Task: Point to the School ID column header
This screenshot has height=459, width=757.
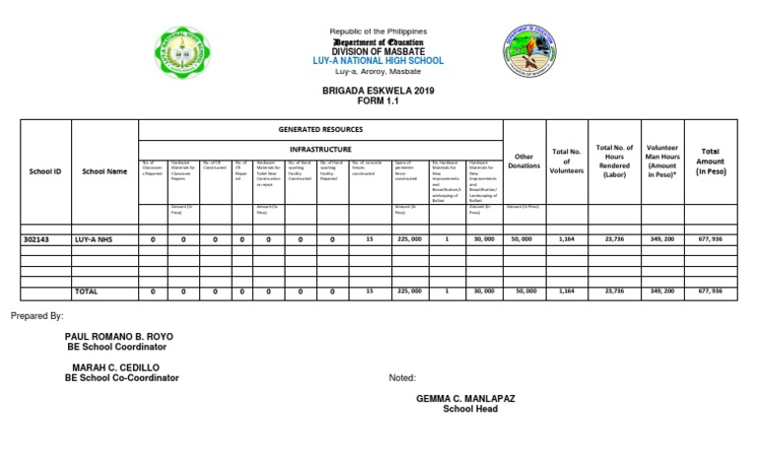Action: pos(44,171)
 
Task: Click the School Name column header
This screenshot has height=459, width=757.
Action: pos(104,171)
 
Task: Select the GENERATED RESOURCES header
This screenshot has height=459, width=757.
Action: pos(319,129)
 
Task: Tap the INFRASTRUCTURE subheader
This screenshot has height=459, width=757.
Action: pos(319,149)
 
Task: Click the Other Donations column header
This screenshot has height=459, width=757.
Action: pos(522,161)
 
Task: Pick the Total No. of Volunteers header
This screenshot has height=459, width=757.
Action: pos(567,161)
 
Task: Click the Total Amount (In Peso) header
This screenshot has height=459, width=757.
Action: pos(710,161)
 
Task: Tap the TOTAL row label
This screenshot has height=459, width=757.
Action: pos(88,292)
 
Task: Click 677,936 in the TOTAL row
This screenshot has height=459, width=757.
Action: pos(710,292)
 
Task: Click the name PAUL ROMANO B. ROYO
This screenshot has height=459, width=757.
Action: pos(119,337)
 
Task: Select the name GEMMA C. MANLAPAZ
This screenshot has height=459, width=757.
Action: pos(467,398)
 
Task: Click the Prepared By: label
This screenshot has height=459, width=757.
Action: pos(36,316)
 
